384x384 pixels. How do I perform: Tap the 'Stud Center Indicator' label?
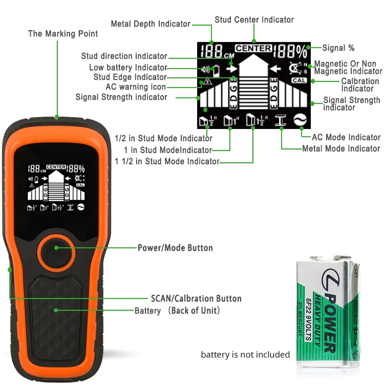pos(254,19)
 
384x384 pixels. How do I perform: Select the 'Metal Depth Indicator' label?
pos(151,24)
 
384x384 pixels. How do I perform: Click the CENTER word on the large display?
pos(253,48)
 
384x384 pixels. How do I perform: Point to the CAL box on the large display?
pos(299,81)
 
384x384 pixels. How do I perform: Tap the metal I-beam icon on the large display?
pos(280,121)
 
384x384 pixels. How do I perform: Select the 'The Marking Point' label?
pos(63,34)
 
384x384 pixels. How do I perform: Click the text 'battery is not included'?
pos(245,354)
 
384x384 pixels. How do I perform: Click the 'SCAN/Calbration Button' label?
pos(196,298)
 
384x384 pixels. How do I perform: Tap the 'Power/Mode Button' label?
pos(175,248)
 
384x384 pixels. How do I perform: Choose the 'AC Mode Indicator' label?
pos(346,137)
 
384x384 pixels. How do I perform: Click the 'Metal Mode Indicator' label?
pos(341,148)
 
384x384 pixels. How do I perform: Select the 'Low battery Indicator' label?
pos(128,68)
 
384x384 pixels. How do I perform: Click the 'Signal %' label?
pos(338,48)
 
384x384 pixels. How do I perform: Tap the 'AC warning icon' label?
pos(136,87)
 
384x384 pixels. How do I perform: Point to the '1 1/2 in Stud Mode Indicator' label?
pos(167,162)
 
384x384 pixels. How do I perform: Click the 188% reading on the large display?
pos(290,51)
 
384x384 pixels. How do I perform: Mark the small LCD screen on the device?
pos(56,187)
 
